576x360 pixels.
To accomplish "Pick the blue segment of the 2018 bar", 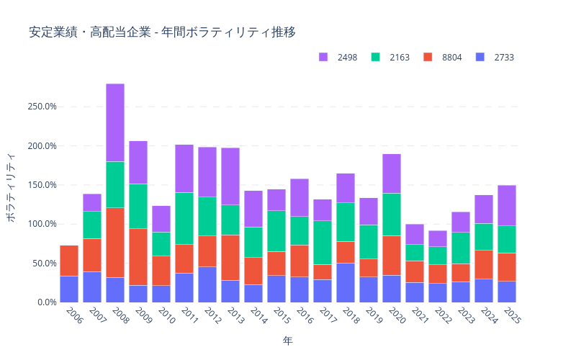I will tap(346, 282).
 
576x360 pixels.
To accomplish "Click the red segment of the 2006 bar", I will tap(69, 261).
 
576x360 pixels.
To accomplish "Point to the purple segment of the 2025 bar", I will tap(507, 205).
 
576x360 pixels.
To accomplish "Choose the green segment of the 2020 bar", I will tap(392, 215).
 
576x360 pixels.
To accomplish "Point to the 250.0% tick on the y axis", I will tap(41, 107).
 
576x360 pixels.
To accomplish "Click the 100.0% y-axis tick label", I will tap(41, 224).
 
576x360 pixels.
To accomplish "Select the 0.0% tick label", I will tap(45, 302).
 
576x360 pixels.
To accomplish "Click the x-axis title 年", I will tap(288, 340).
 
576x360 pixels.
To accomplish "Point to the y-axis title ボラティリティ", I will tap(12, 187).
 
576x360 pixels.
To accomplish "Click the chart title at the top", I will tap(162, 32).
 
